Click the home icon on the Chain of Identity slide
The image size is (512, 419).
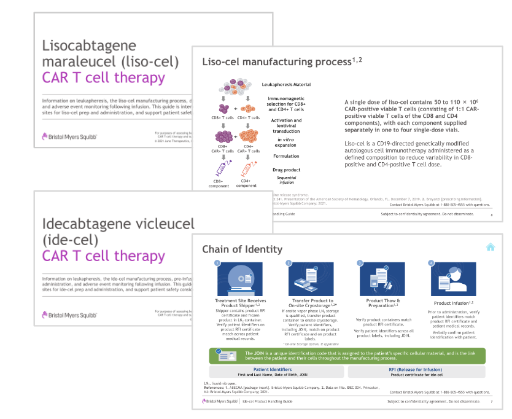coord(491,247)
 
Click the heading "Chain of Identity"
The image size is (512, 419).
coord(242,249)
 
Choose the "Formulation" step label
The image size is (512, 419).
coord(285,156)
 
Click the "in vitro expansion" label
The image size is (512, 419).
coord(286,143)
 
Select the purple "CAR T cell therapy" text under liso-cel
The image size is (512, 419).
coord(103,77)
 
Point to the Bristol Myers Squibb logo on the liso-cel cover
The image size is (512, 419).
coord(69,136)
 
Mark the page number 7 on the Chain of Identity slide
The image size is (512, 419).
coord(491,401)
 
